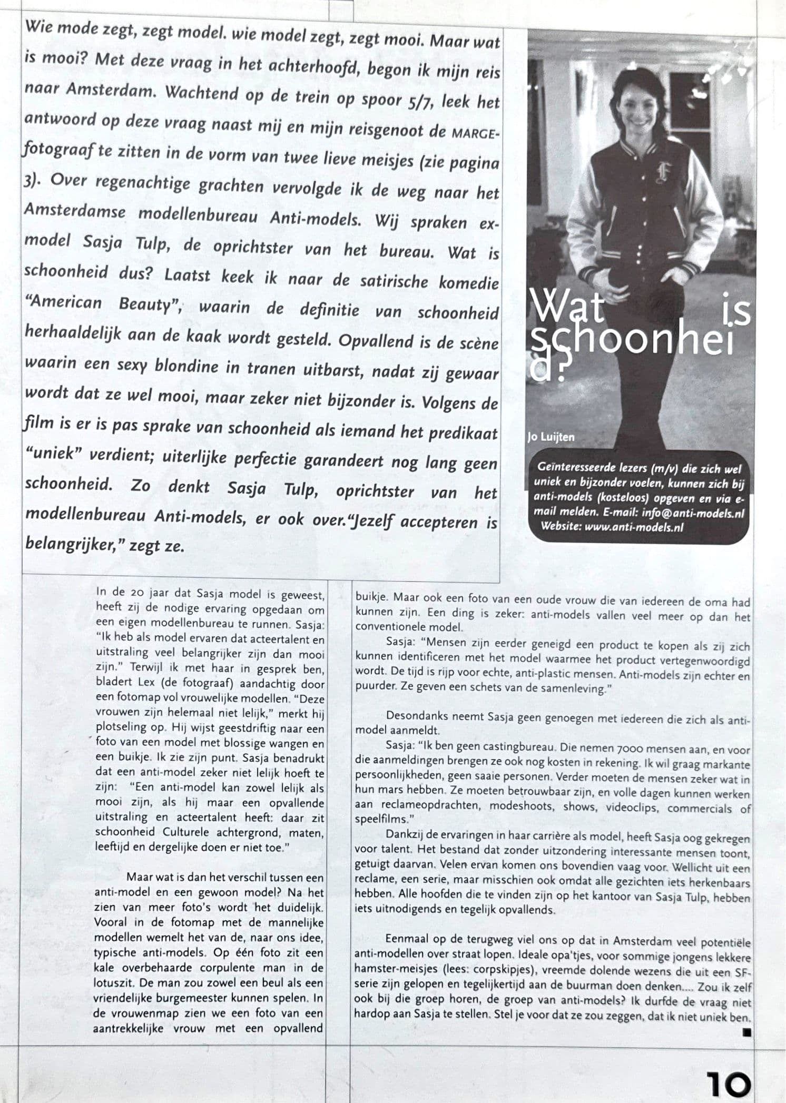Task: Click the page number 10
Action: pos(729,1084)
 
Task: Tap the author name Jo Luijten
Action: pos(551,437)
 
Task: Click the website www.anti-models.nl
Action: pos(634,527)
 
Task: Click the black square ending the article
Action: pos(746,1032)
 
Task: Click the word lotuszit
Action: pos(112,982)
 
